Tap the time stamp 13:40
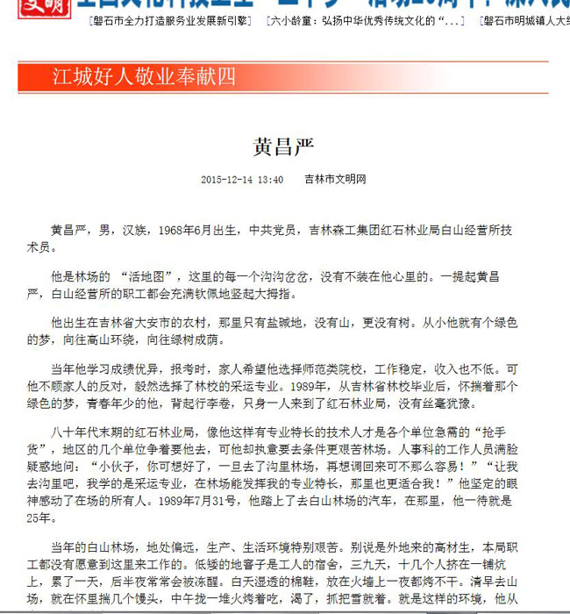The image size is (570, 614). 271,180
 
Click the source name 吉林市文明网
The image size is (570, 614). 335,180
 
